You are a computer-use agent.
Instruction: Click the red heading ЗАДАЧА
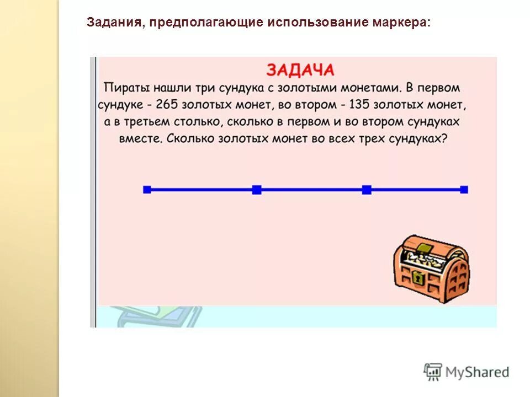300,70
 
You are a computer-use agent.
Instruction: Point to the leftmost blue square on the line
147,190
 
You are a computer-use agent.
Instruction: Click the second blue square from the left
257,190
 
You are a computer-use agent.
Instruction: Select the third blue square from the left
367,190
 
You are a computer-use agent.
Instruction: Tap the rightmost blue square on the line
464,190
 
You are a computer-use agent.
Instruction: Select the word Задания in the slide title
113,23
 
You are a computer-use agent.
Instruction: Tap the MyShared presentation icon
433,372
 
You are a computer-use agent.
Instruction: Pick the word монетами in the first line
373,88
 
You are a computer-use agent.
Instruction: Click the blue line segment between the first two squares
202,190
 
